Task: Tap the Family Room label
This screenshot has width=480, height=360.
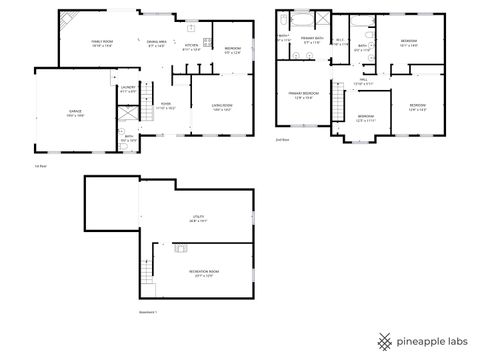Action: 101,41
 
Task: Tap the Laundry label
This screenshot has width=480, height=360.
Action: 128,88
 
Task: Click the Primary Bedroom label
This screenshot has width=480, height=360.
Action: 303,93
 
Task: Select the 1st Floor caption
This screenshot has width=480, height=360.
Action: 41,166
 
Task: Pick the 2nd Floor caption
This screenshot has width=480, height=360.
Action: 282,140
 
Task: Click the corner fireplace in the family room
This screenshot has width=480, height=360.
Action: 66,18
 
